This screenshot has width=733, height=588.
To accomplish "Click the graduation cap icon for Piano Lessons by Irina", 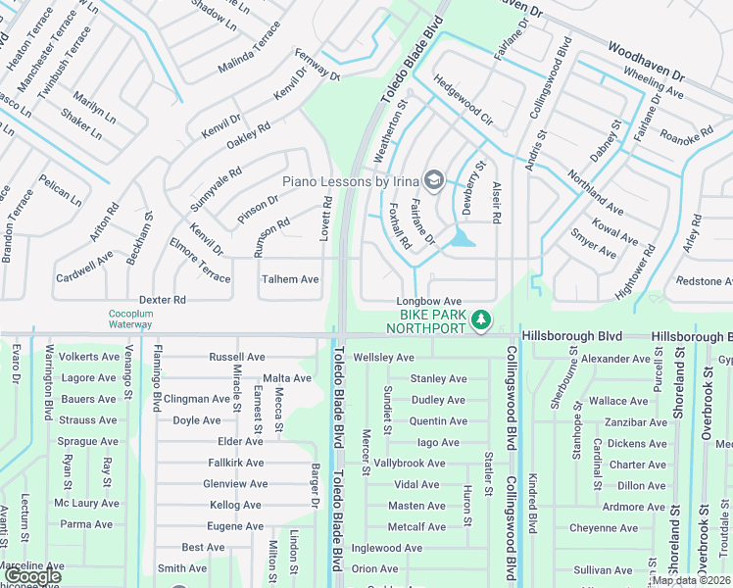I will click(433, 180).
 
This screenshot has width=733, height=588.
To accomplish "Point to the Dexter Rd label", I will click(162, 300).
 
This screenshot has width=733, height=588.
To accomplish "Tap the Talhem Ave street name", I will click(290, 279).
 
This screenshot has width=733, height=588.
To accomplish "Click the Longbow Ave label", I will click(428, 302).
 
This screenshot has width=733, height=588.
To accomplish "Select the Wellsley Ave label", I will click(385, 358).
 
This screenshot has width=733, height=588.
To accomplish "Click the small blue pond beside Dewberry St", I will click(461, 238).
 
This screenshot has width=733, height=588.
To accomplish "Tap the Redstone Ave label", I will click(704, 281).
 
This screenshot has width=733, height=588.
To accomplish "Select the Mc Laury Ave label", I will click(86, 504).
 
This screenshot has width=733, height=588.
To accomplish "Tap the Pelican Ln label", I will click(61, 190).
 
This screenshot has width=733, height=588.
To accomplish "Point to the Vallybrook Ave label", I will click(410, 464).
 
